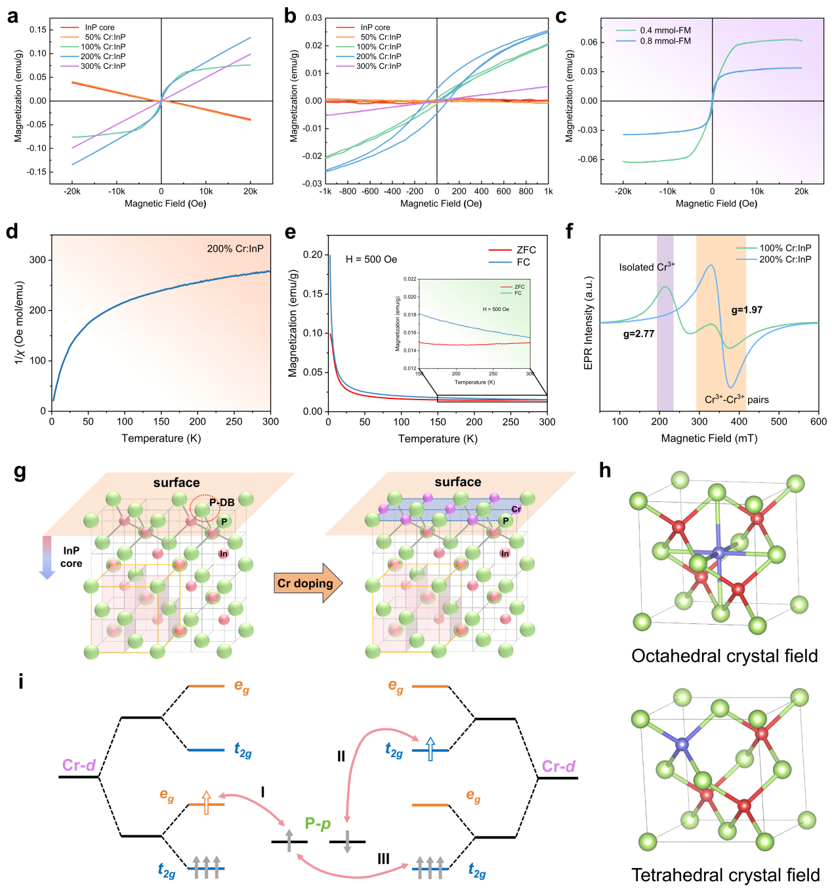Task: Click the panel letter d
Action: point(11,232)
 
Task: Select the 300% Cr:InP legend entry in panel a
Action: point(103,66)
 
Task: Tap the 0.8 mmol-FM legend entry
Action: point(665,41)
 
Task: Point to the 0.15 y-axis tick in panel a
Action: point(38,30)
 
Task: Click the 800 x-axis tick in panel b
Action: point(526,192)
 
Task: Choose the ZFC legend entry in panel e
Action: point(526,250)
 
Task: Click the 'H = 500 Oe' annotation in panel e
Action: point(371,259)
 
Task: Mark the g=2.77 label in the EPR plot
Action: point(638,334)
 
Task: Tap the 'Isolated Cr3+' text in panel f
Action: point(646,267)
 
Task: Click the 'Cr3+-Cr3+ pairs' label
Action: point(736,400)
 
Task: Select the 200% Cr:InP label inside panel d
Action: point(235,249)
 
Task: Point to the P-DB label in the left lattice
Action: point(222,503)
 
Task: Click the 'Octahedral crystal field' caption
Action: point(724,656)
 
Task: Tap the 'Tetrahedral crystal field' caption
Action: point(725,875)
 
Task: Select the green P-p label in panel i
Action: point(318,823)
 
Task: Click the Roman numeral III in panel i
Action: point(383,859)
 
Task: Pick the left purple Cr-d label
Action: point(79,765)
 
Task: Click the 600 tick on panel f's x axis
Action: point(818,422)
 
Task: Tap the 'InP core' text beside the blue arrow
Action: point(72,557)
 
